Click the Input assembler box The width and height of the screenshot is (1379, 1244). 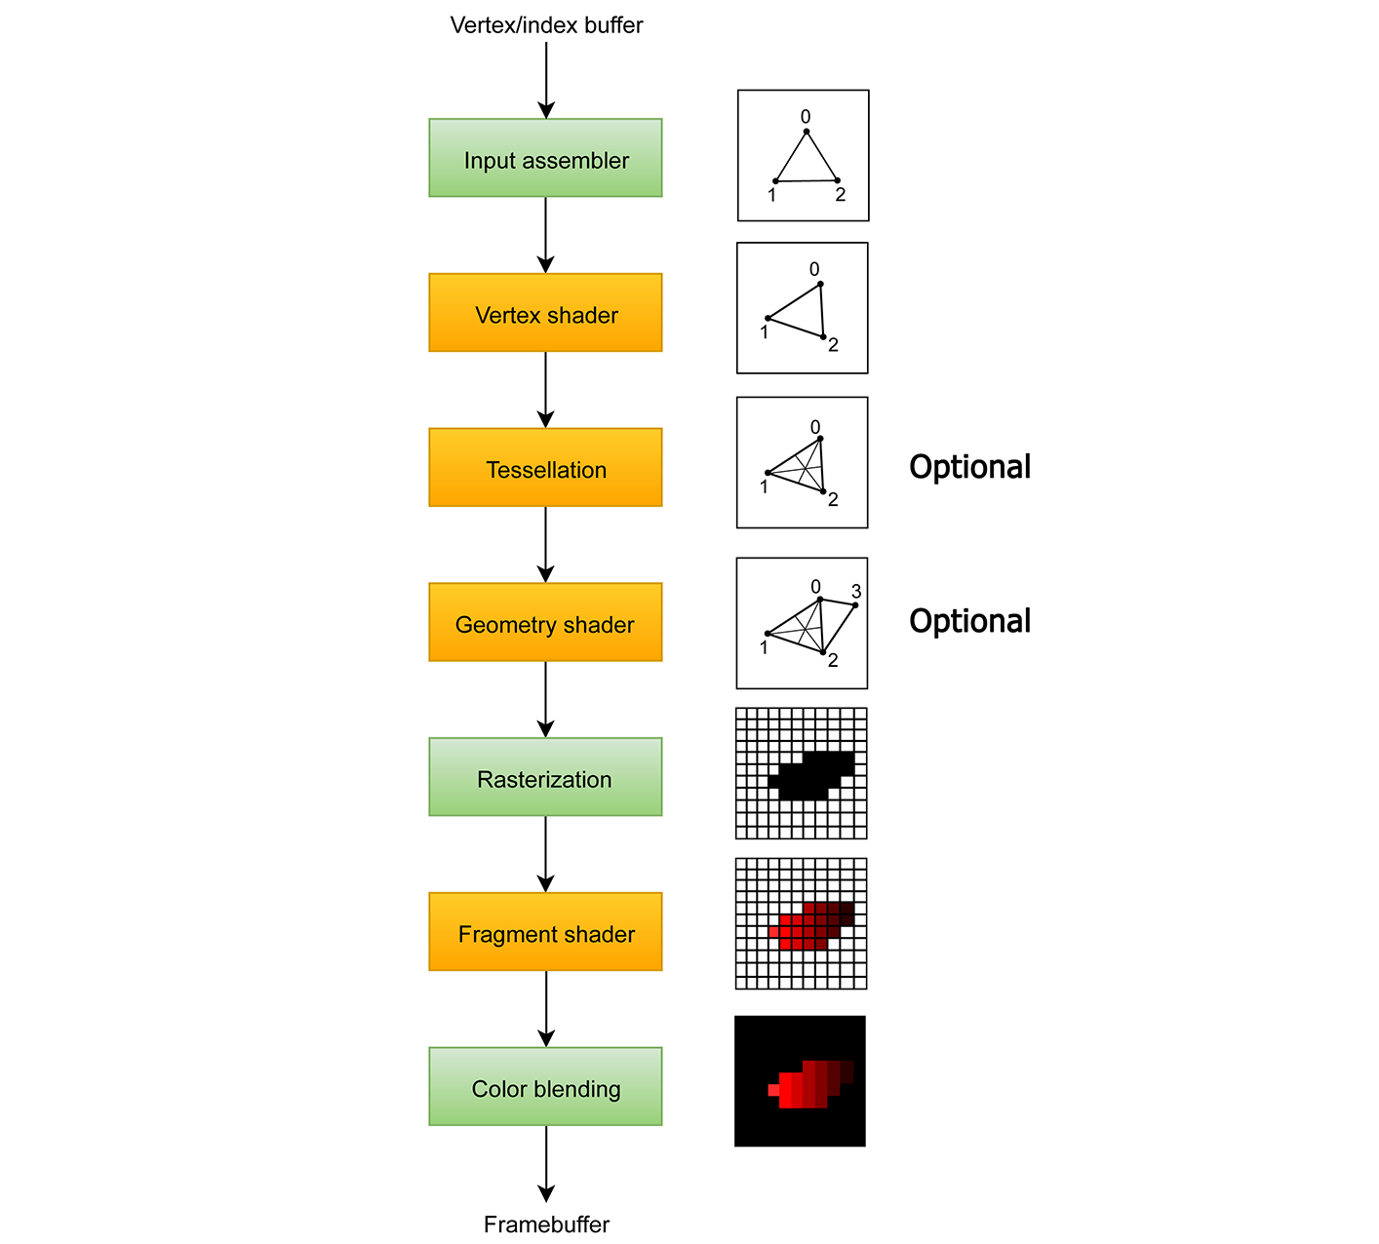[545, 158]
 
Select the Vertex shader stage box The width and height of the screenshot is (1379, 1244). [545, 313]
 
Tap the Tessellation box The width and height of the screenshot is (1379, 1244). [545, 468]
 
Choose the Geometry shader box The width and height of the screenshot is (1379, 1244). [545, 623]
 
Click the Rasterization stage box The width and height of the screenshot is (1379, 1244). [545, 777]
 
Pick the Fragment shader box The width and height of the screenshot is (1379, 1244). [545, 932]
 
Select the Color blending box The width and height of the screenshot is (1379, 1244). [545, 1087]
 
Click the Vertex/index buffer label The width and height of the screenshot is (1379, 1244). [546, 25]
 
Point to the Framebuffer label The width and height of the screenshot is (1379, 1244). [546, 1225]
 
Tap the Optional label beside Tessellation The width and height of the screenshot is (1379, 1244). [969, 467]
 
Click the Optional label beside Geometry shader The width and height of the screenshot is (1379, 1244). [969, 621]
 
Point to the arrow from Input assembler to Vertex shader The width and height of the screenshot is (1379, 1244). [545, 235]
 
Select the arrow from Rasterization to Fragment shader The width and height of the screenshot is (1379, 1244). [545, 854]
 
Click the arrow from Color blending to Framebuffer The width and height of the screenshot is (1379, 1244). [546, 1164]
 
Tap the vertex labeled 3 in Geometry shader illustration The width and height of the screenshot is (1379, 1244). [855, 605]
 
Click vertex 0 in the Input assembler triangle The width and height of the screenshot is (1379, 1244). [806, 131]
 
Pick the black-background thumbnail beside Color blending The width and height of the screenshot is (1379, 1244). [800, 1081]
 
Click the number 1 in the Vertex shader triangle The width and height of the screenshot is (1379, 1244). [764, 332]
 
